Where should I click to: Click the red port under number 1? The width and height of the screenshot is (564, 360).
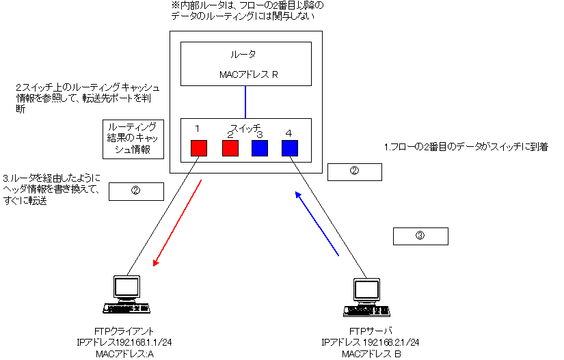click(x=199, y=147)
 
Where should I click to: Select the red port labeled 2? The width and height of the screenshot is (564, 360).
click(x=231, y=147)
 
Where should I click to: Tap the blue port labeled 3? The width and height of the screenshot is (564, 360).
click(x=260, y=147)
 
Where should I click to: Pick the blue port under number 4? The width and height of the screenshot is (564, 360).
click(x=290, y=147)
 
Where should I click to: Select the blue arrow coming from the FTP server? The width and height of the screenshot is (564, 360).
click(x=317, y=224)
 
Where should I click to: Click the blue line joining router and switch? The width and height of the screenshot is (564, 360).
click(x=245, y=101)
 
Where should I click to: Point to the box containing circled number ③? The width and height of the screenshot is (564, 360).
click(x=420, y=236)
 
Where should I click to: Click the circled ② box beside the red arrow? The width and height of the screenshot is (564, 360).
click(x=136, y=191)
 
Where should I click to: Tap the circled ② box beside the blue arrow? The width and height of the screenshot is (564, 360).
click(x=354, y=171)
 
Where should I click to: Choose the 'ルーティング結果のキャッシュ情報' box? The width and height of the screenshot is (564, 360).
click(x=133, y=139)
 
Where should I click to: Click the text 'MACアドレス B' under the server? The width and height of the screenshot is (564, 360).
click(x=371, y=353)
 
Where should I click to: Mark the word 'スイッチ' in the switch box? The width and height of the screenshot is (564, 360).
click(x=245, y=128)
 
